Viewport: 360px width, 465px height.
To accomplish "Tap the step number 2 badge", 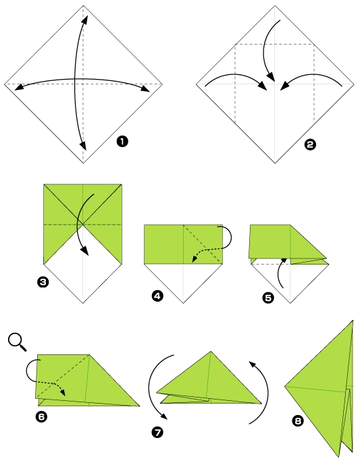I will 311,143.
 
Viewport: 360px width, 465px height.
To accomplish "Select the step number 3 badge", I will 43,283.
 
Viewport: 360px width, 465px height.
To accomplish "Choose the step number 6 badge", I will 41,416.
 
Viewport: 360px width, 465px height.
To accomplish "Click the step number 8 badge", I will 297,421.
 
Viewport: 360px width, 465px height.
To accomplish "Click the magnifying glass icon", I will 18,342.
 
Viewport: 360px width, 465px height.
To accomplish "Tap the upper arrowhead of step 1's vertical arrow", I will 85,18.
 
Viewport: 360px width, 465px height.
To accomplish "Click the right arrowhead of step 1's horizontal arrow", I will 145,90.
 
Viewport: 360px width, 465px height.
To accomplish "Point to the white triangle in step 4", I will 183,278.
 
